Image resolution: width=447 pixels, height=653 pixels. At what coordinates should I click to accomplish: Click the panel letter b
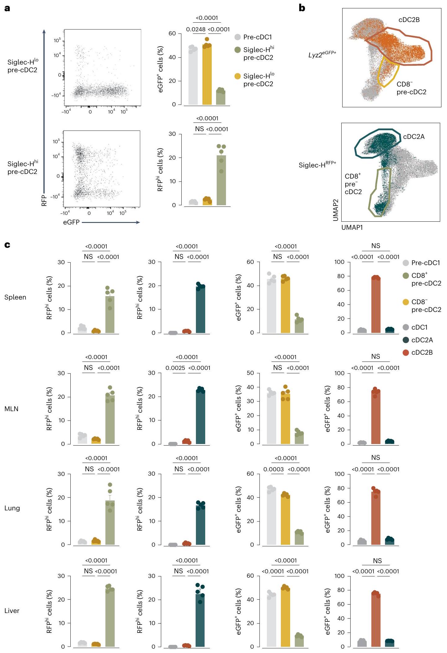pyautogui.click(x=302, y=8)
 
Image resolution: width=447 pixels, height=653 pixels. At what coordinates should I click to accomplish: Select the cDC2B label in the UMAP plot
pyautogui.click(x=409, y=20)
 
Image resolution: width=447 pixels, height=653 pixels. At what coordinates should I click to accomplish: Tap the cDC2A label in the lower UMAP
pyautogui.click(x=414, y=137)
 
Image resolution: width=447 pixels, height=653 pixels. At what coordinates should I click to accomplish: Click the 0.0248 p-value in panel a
pyautogui.click(x=196, y=29)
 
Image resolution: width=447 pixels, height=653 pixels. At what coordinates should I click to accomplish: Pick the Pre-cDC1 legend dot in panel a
pyautogui.click(x=237, y=37)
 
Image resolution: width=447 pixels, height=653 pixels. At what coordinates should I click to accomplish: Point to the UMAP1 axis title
pyautogui.click(x=352, y=228)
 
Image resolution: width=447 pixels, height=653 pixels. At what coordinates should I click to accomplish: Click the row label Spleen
pyautogui.click(x=15, y=297)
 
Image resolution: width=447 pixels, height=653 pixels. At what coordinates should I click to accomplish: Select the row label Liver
pyautogui.click(x=12, y=611)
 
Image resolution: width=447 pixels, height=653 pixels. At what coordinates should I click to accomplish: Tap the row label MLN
pyautogui.click(x=11, y=409)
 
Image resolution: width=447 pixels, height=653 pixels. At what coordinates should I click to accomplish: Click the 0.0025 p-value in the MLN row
pyautogui.click(x=175, y=368)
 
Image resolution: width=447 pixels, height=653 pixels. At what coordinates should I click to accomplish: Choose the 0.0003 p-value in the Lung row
pyautogui.click(x=273, y=469)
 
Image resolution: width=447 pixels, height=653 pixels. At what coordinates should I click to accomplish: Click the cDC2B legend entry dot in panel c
pyautogui.click(x=406, y=353)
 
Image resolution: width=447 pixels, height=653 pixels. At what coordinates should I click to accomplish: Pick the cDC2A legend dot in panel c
pyautogui.click(x=406, y=340)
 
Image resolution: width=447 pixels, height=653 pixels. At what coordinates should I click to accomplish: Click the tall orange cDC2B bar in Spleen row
pyautogui.click(x=376, y=305)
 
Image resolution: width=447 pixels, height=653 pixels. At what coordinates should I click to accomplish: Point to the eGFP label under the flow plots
pyautogui.click(x=71, y=222)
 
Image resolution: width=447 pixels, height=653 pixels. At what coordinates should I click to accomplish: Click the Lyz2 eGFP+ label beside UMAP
pyautogui.click(x=322, y=55)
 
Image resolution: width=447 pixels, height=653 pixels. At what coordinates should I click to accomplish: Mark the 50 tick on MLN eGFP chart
pyautogui.click(x=250, y=373)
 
